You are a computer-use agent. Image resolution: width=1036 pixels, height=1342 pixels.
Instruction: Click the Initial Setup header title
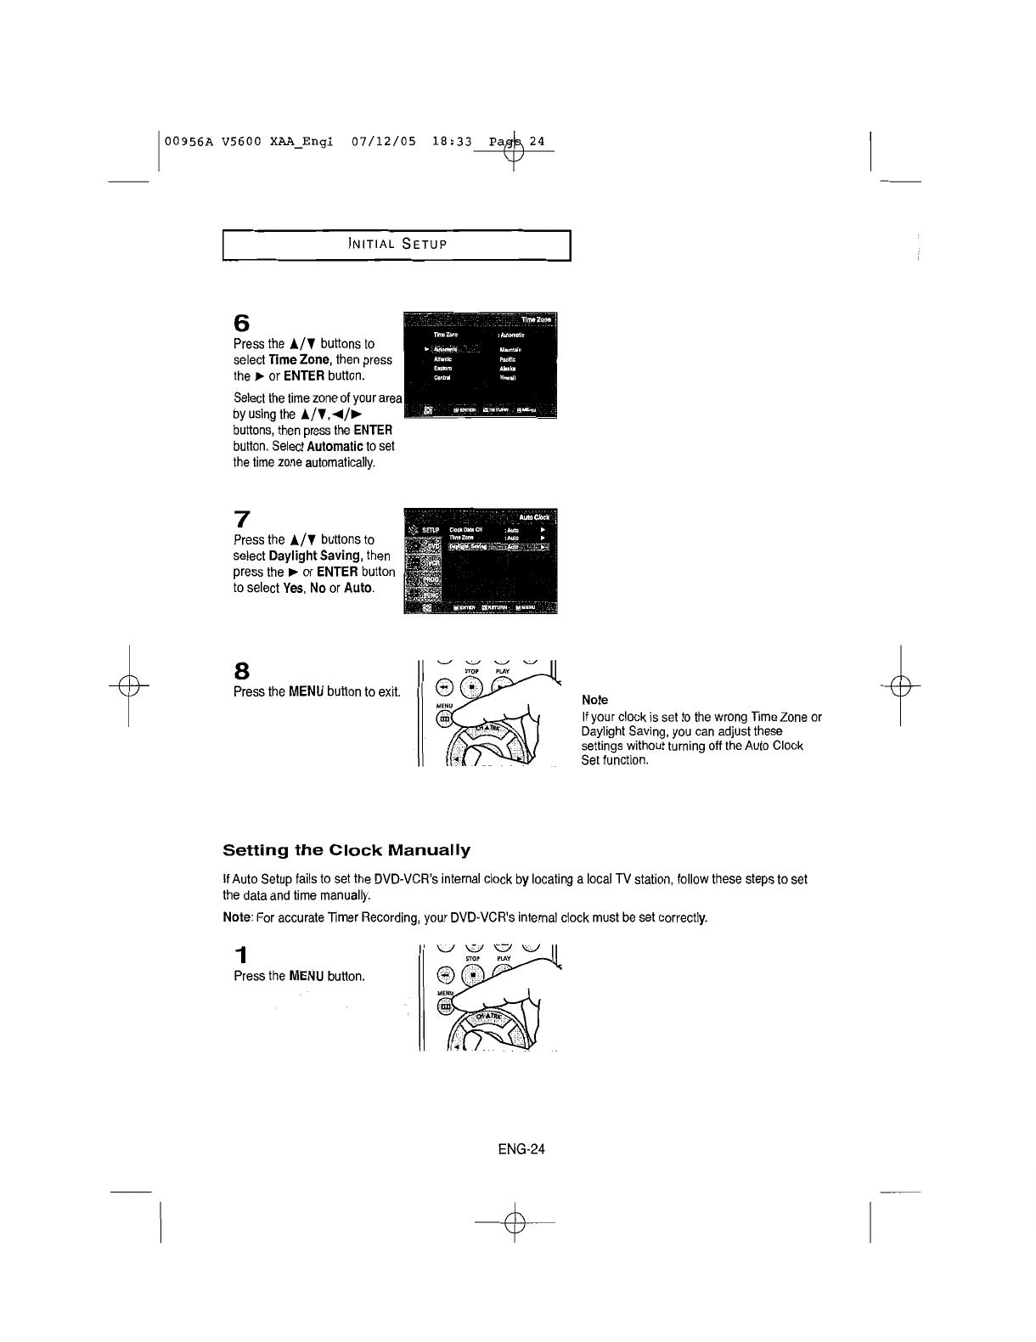(397, 245)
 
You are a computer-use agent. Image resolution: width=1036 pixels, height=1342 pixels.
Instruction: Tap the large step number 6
(242, 324)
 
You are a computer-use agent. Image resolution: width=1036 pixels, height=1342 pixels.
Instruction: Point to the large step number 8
(241, 670)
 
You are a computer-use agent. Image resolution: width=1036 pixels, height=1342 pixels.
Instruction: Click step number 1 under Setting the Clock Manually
(241, 954)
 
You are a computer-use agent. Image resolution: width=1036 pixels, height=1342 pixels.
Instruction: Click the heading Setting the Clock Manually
(346, 850)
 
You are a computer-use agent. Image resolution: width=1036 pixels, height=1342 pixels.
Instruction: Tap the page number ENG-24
(521, 1149)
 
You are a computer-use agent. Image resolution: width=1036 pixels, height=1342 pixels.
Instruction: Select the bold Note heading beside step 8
(594, 700)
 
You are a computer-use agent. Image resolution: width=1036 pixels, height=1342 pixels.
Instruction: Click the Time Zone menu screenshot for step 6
(481, 365)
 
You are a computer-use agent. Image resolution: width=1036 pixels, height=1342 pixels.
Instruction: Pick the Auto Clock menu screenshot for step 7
(481, 561)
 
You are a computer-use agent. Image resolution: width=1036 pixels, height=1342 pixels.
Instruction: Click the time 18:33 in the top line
(451, 141)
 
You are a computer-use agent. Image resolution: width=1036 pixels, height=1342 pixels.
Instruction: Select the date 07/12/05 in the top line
(383, 141)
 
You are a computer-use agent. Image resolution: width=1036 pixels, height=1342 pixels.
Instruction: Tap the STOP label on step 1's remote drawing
(474, 958)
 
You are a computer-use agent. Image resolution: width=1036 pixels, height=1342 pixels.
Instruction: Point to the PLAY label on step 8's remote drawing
(503, 671)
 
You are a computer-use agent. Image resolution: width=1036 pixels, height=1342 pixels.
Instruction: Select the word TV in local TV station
(622, 879)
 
